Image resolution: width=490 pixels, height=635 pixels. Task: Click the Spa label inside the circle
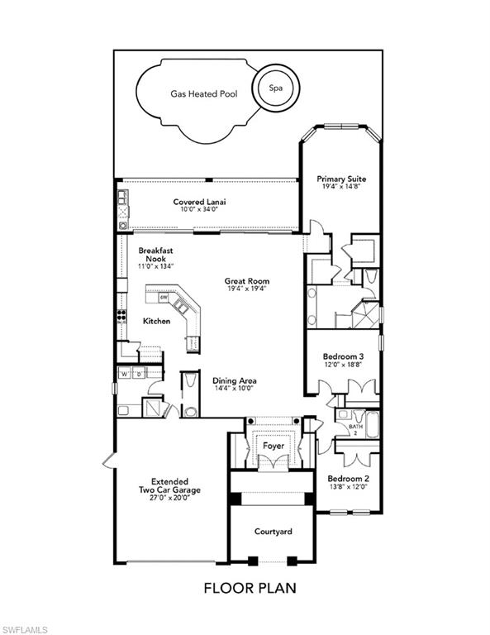[275, 88]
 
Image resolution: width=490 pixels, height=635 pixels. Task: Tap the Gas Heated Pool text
[204, 94]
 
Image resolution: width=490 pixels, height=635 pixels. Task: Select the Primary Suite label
[341, 179]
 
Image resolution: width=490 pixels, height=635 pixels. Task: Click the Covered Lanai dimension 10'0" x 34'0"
[199, 209]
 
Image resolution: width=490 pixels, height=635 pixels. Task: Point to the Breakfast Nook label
[156, 255]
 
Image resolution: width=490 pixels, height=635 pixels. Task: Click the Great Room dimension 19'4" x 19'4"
[247, 289]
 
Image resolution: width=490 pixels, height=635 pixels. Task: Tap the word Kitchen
[157, 321]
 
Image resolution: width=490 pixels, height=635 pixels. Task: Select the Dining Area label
[235, 380]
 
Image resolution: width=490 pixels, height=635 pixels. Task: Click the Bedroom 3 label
[343, 356]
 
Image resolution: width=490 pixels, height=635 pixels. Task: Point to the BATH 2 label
[355, 429]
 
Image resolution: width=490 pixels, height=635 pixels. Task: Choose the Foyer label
[274, 446]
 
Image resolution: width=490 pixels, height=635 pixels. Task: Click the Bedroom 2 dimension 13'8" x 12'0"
[348, 486]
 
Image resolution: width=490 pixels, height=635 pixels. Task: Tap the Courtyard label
[274, 532]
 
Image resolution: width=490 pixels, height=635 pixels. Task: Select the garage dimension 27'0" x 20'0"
[169, 498]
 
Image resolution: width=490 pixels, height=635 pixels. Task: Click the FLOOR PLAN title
[250, 588]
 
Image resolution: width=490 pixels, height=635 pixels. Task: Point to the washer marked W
[125, 374]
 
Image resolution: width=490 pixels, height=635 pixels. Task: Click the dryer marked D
[139, 374]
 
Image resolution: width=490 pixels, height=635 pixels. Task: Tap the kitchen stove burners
[121, 316]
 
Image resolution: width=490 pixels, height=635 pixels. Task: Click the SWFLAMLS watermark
[24, 630]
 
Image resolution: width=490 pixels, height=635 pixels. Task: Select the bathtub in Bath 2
[373, 424]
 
